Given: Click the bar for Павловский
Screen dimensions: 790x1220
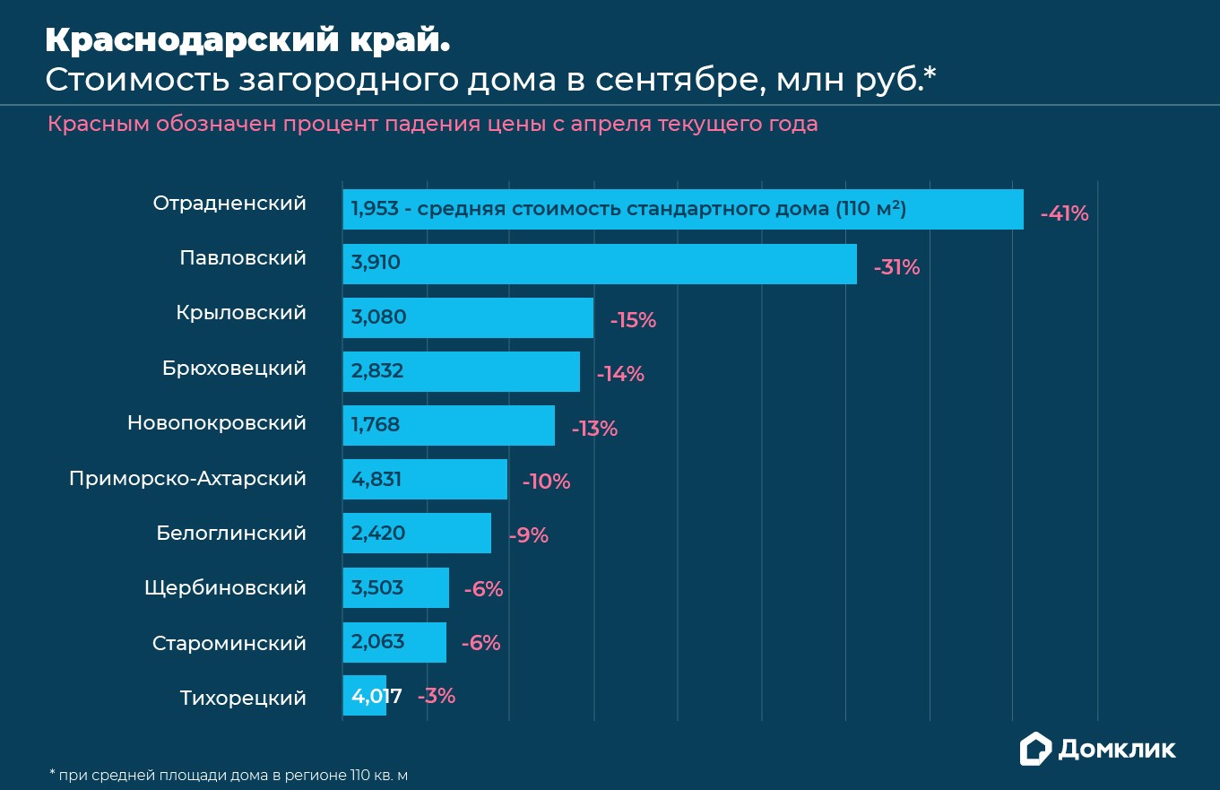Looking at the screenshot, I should pyautogui.click(x=599, y=264).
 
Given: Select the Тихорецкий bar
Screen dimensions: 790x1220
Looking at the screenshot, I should pyautogui.click(x=364, y=696).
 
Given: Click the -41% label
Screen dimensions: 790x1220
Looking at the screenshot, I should pyautogui.click(x=1064, y=213).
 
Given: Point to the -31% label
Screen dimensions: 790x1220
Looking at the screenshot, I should pyautogui.click(x=896, y=267).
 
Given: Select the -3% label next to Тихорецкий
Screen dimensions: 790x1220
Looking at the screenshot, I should pyautogui.click(x=437, y=696).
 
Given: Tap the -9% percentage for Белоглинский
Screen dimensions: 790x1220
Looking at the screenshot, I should pyautogui.click(x=528, y=535).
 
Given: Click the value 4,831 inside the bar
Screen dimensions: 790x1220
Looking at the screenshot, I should pyautogui.click(x=376, y=480).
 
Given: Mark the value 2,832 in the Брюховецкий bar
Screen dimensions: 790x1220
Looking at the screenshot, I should pyautogui.click(x=377, y=371).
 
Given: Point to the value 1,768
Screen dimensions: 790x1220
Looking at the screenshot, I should pyautogui.click(x=376, y=425).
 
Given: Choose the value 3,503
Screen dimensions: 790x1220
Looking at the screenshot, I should pyautogui.click(x=377, y=588).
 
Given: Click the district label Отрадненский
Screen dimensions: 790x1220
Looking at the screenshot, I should pyautogui.click(x=229, y=204).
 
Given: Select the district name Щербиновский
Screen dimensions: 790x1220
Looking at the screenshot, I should pyautogui.click(x=225, y=588).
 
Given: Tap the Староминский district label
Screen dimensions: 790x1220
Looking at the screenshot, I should pyautogui.click(x=229, y=644).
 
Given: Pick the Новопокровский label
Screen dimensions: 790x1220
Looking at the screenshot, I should pyautogui.click(x=217, y=422).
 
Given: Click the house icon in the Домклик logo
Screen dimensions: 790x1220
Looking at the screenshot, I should pyautogui.click(x=1035, y=749).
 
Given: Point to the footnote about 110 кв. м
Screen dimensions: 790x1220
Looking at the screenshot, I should pyautogui.click(x=234, y=774).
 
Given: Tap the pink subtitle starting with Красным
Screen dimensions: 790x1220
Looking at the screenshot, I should pyautogui.click(x=432, y=124).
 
